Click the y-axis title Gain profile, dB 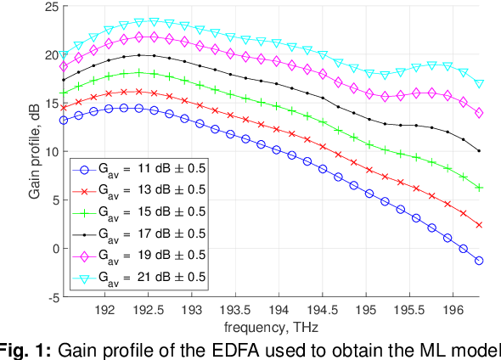click(35, 151)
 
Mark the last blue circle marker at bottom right click(479, 261)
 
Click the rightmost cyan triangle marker click(479, 84)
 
